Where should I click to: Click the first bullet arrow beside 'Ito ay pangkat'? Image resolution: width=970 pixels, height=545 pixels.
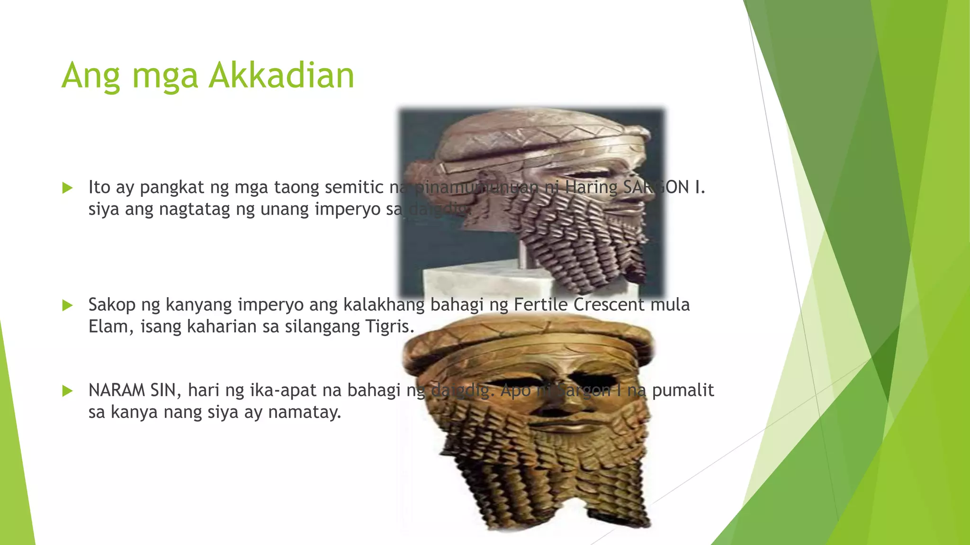[68, 188]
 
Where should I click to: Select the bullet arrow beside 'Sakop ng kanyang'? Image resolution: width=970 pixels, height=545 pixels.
[68, 306]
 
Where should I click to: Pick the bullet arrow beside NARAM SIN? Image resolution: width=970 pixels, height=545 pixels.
[68, 391]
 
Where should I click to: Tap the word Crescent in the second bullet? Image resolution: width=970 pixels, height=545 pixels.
[609, 305]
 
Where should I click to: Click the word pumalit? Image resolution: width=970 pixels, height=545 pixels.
[683, 390]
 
